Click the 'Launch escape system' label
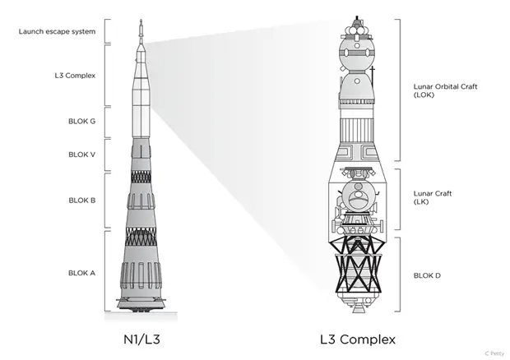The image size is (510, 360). click(x=57, y=31)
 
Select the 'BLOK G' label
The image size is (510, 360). click(x=81, y=121)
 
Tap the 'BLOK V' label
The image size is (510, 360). click(x=81, y=155)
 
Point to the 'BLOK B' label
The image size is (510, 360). click(x=82, y=201)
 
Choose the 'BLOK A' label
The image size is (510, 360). click(x=81, y=273)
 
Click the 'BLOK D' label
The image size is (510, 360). click(x=427, y=275)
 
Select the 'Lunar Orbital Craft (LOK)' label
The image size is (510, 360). click(x=445, y=90)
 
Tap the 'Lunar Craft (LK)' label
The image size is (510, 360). click(x=433, y=197)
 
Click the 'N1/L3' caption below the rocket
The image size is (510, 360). click(x=141, y=339)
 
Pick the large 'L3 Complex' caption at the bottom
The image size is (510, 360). click(x=358, y=339)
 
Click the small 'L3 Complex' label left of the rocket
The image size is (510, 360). click(x=75, y=76)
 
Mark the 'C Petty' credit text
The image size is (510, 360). click(x=494, y=353)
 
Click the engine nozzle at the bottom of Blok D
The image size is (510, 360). click(x=358, y=308)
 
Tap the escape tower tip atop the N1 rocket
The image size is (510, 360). click(x=141, y=21)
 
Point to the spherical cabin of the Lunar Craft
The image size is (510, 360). click(x=358, y=196)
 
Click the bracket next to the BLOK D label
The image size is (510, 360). click(x=397, y=275)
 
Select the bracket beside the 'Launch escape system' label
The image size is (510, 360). click(x=107, y=31)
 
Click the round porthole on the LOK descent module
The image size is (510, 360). click(x=357, y=81)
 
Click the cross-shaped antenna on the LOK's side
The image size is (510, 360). click(x=373, y=73)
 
